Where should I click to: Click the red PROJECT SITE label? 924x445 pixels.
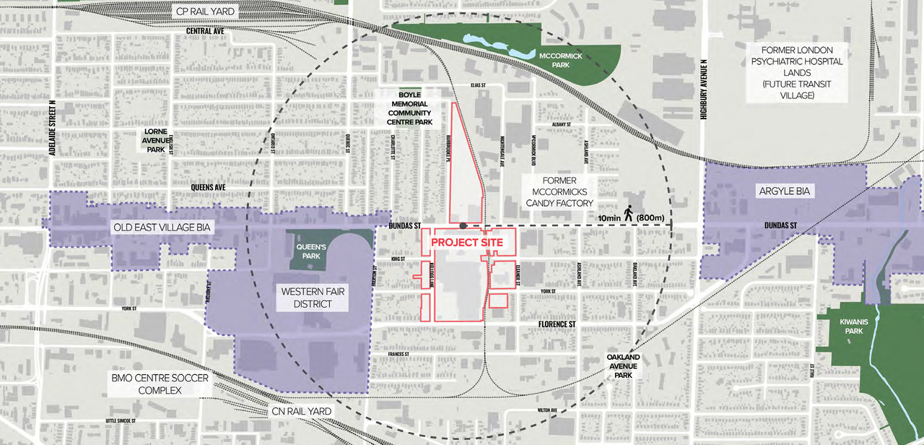point(466,243)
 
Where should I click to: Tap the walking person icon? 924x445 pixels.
point(629,213)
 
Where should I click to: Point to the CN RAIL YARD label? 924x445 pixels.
point(302,412)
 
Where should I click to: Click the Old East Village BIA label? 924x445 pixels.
point(162,227)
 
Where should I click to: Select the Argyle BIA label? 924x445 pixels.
point(785,191)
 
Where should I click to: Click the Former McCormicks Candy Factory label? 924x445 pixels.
point(559,193)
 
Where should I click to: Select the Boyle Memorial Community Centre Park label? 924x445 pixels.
point(409,108)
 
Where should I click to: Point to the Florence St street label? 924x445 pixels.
point(557,324)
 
